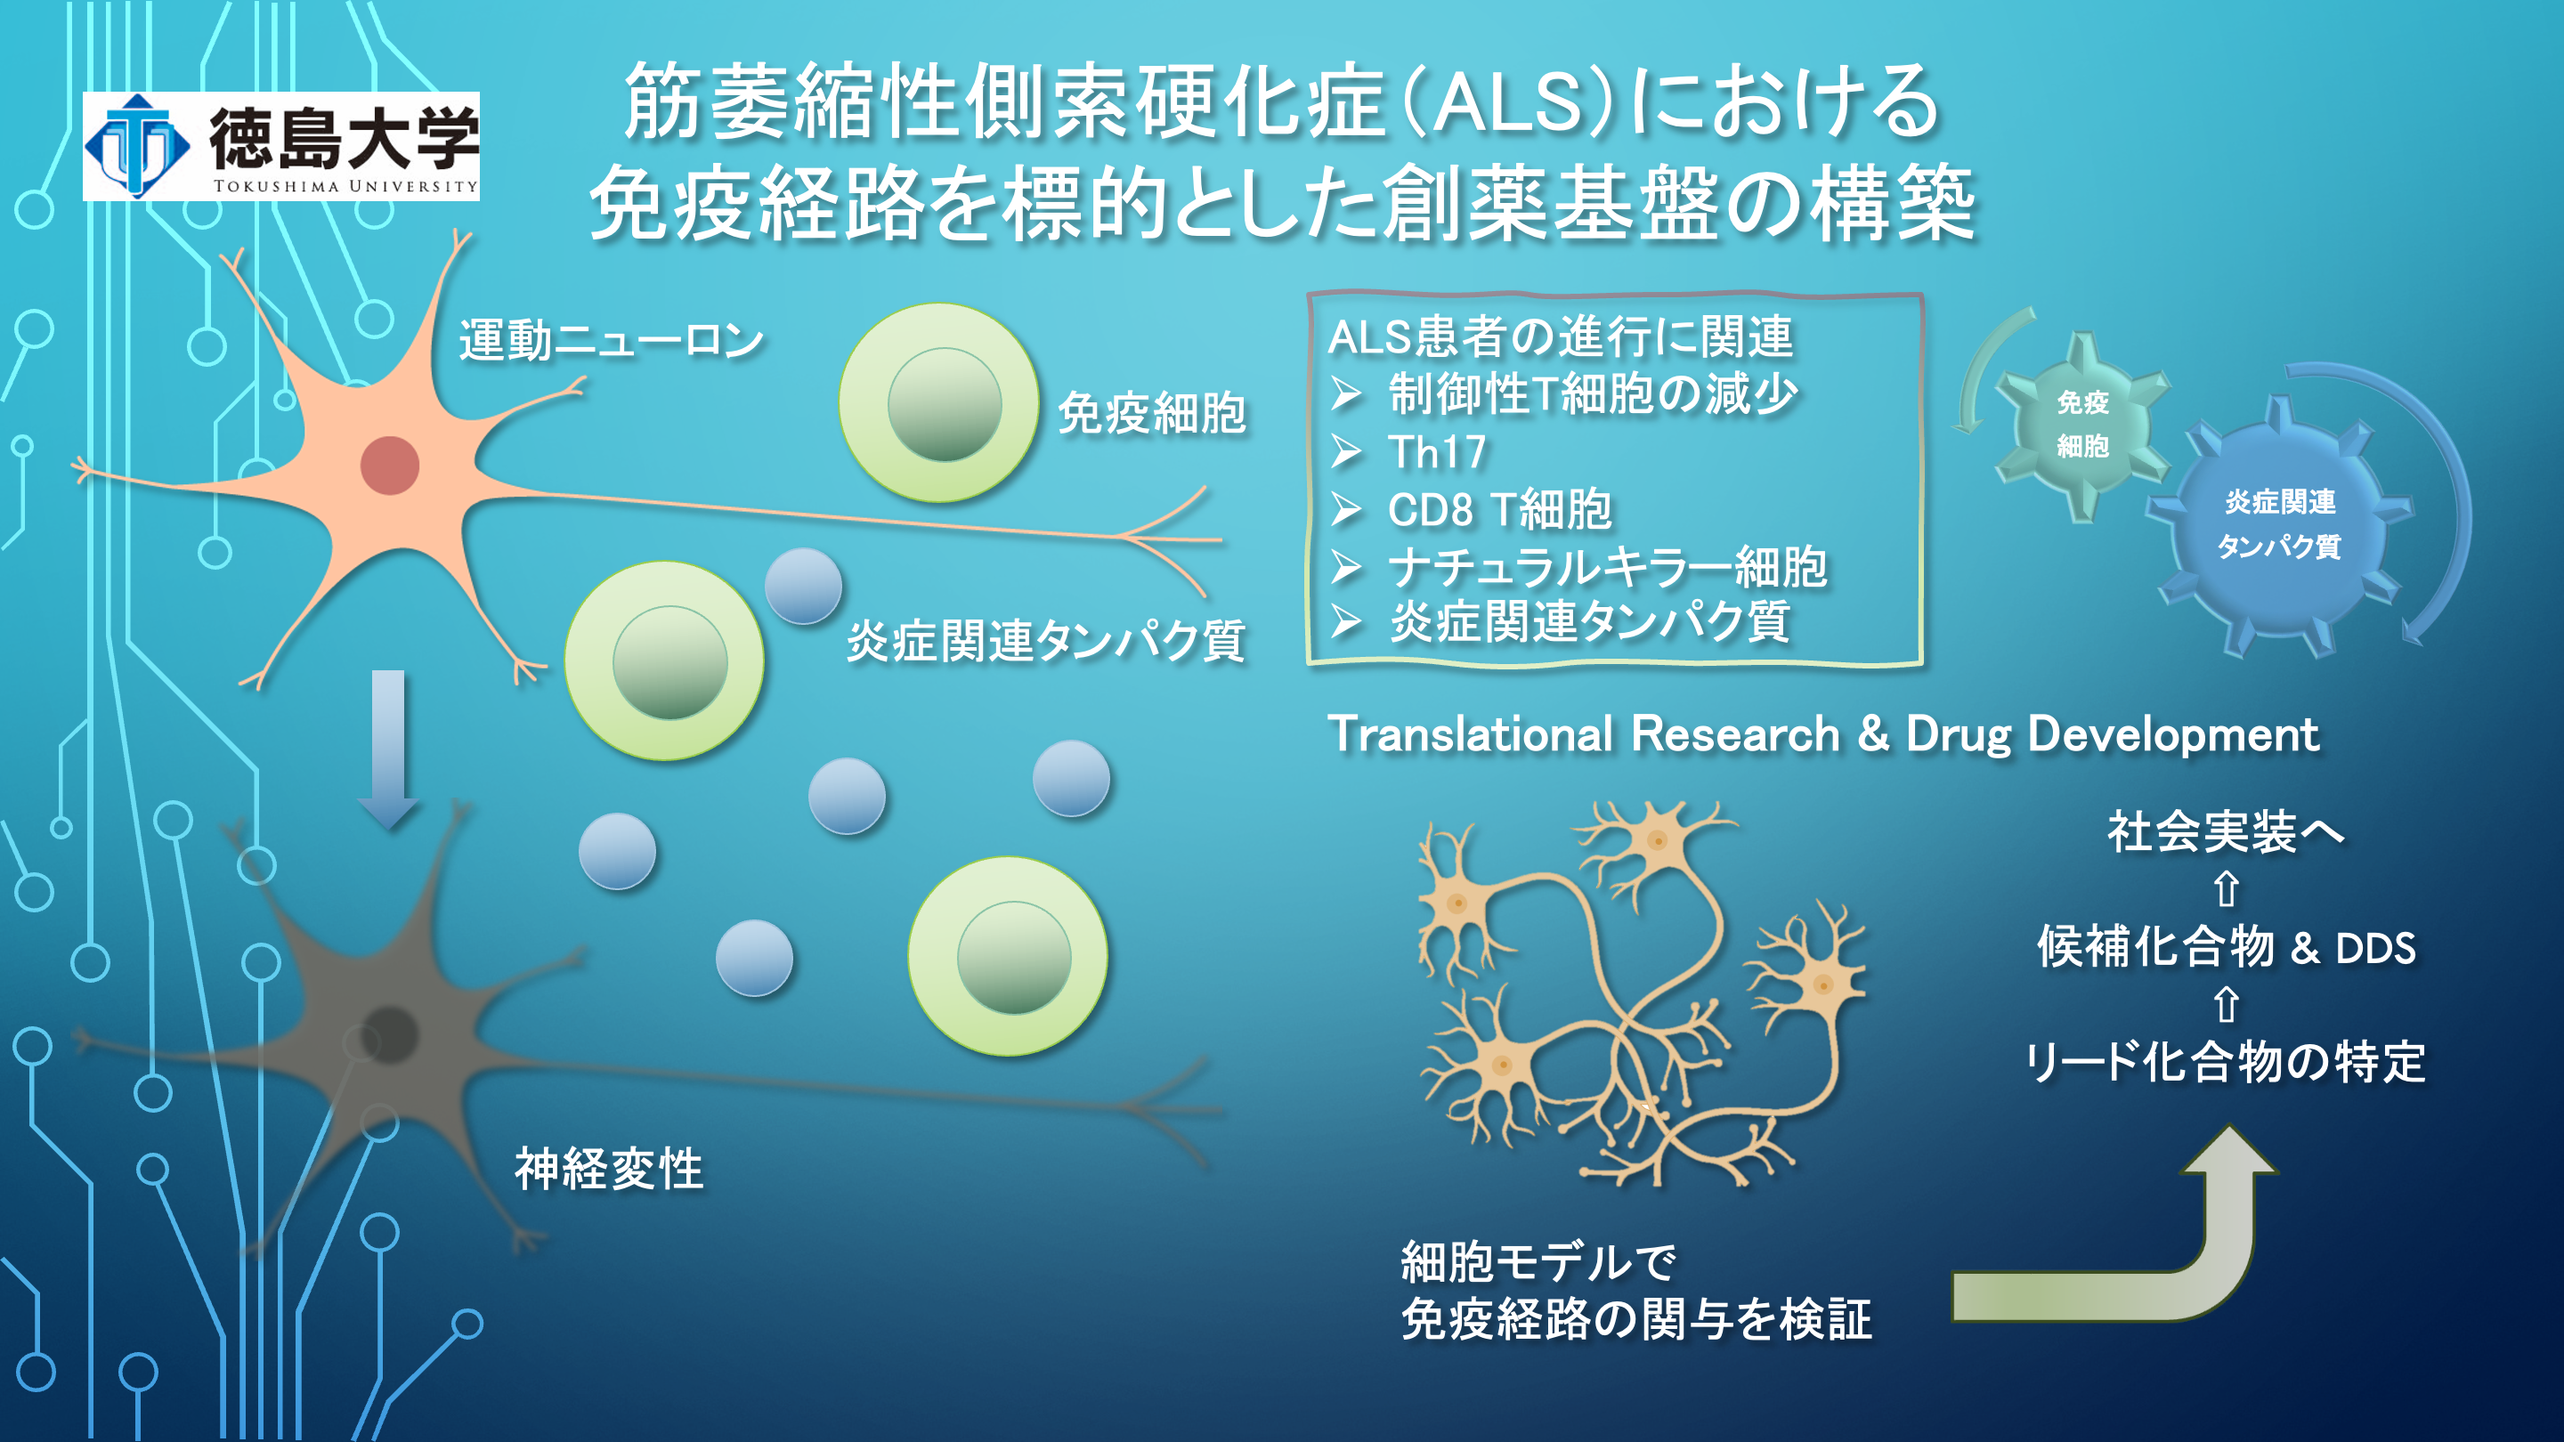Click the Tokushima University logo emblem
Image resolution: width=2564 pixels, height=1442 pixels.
point(136,146)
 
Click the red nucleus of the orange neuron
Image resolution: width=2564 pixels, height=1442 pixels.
point(389,465)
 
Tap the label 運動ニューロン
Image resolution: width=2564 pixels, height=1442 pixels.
point(610,341)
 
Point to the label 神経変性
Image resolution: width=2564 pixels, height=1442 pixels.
point(608,1169)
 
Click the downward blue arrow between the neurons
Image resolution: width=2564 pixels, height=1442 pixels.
point(388,748)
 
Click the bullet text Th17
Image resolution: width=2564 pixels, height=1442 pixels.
point(1436,453)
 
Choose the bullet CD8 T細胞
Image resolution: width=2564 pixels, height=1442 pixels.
point(1499,509)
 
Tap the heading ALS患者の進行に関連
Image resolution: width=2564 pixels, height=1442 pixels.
point(1560,337)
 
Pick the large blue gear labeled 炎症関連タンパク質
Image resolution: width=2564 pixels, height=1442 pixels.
point(2279,524)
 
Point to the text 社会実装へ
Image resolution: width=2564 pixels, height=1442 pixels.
point(2226,832)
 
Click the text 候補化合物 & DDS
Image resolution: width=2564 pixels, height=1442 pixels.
point(2226,947)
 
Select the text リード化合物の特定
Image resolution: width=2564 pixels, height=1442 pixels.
point(2226,1062)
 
